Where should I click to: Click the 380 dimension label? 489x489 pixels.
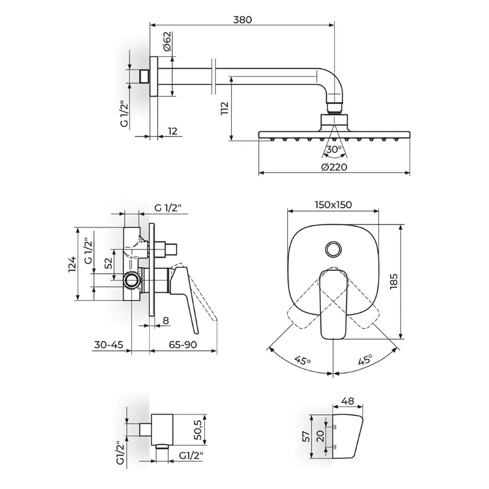[242, 20]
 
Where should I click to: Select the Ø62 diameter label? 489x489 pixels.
[167, 40]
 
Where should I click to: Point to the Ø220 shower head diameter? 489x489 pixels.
[334, 167]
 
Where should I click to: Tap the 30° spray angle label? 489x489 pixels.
[334, 150]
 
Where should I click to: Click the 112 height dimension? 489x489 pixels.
[224, 108]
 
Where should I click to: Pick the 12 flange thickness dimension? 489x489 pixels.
[172, 131]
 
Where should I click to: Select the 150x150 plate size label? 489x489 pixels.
[333, 205]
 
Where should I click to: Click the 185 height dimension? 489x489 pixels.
[394, 281]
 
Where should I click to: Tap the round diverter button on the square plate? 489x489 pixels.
[334, 249]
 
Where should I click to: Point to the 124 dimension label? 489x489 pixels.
[72, 264]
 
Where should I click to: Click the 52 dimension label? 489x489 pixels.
[108, 263]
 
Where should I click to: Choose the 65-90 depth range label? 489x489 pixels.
[183, 345]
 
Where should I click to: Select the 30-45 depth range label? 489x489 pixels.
[109, 345]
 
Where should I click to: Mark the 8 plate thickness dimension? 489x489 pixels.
[166, 320]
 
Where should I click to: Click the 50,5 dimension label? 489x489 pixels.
[198, 430]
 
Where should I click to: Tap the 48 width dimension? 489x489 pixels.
[348, 401]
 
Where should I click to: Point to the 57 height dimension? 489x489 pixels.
[307, 436]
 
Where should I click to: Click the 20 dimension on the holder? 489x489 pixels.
[320, 436]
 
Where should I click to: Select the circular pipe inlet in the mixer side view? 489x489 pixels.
[131, 281]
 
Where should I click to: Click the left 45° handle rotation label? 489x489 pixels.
[303, 361]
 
